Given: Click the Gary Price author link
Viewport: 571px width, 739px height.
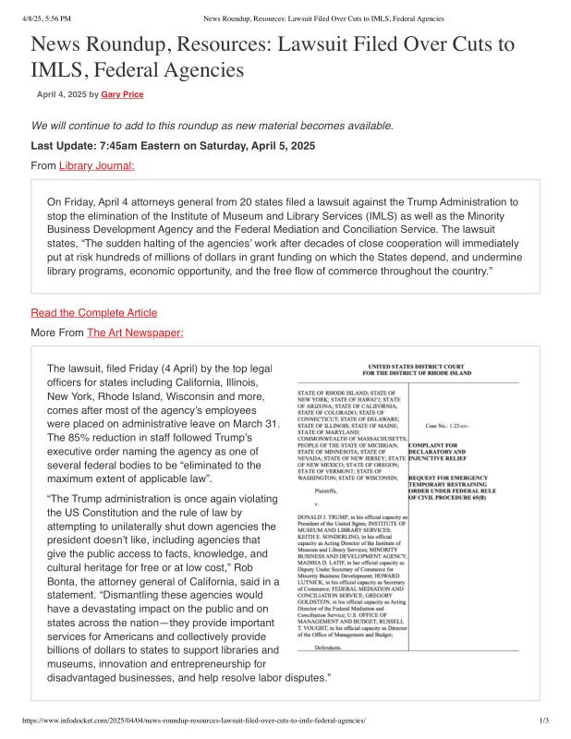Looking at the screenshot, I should [x=122, y=94].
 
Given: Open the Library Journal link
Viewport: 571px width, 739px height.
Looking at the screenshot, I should [x=97, y=165].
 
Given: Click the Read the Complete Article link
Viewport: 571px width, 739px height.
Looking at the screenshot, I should [x=94, y=312].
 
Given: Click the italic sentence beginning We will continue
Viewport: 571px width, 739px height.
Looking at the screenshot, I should [x=213, y=126].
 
